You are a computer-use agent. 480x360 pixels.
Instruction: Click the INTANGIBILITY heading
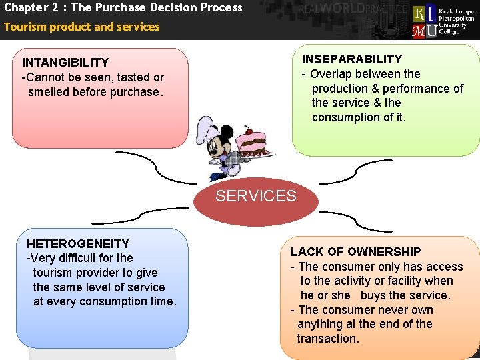pos(65,63)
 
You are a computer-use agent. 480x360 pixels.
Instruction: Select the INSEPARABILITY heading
pos(352,59)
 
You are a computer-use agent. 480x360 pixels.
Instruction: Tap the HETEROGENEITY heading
pos(77,244)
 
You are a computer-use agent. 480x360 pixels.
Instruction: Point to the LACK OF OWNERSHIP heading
pos(355,252)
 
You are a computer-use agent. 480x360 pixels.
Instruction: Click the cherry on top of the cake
pos(249,130)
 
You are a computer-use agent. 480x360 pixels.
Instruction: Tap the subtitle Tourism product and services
pos(82,27)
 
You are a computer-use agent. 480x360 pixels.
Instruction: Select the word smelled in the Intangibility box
pos(51,92)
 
